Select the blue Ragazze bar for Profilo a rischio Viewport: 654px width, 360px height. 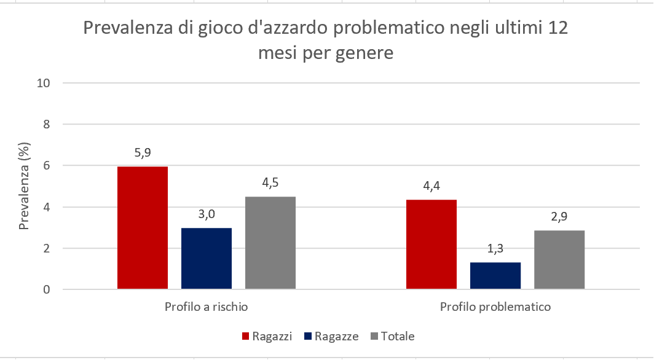click(x=207, y=258)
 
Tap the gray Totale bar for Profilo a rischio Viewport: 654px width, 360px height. click(x=270, y=243)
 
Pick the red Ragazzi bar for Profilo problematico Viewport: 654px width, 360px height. click(x=431, y=244)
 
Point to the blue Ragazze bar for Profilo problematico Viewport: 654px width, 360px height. click(x=495, y=276)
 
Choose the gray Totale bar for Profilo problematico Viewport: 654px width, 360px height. click(x=559, y=259)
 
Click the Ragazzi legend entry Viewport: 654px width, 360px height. click(x=266, y=336)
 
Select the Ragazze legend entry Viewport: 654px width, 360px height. click(x=332, y=336)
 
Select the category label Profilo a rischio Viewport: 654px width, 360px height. click(x=206, y=306)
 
